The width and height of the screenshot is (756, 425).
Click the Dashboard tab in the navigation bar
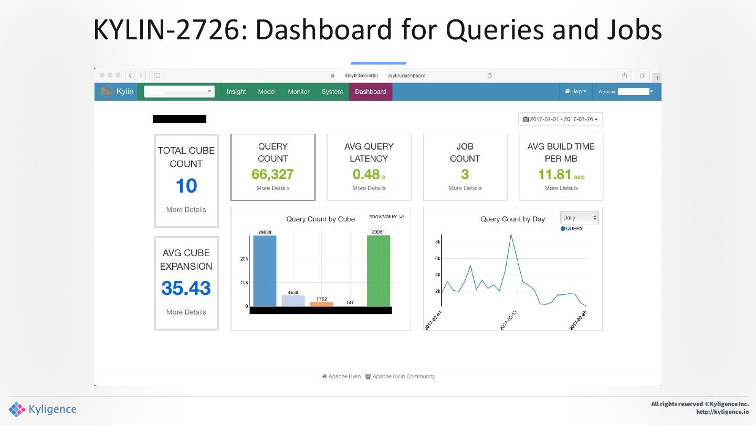tap(370, 92)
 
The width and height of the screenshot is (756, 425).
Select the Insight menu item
tap(236, 92)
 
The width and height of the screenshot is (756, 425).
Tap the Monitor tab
tap(299, 92)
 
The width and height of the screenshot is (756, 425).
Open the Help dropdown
tap(576, 92)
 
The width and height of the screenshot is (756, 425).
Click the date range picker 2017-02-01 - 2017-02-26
tap(560, 119)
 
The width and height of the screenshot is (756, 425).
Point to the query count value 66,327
tap(272, 174)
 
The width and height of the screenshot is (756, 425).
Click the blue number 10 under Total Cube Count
tap(186, 186)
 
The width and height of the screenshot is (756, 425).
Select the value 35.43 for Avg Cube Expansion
tap(186, 288)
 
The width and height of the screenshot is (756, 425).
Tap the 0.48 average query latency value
tap(366, 174)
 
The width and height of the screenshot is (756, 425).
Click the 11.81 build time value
tap(555, 174)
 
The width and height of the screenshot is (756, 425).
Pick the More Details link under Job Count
tap(465, 188)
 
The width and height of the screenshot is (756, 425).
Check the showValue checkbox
tap(402, 217)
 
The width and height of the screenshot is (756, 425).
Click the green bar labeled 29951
tap(379, 271)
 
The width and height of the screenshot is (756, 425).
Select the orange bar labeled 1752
tap(321, 304)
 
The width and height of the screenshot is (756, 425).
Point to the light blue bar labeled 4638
tap(293, 301)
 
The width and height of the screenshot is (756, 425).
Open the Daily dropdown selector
tap(580, 218)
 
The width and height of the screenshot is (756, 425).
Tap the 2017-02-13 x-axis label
tap(509, 319)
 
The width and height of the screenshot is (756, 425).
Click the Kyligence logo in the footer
tap(43, 409)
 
